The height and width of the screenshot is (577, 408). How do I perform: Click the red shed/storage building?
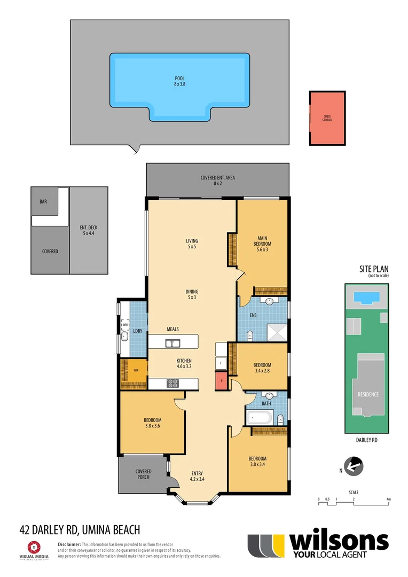coord(327,118)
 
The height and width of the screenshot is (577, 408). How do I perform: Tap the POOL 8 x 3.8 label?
coord(179,81)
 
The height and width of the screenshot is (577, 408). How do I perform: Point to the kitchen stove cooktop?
coord(174,383)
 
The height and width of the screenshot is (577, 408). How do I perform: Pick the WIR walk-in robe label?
coord(136,370)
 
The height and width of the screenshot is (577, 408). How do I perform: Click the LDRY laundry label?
coord(137,331)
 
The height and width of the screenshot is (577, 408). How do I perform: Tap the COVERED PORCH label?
coord(143,474)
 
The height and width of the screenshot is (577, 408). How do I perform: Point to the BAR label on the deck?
coord(43,202)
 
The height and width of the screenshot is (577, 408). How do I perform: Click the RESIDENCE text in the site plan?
coord(368,394)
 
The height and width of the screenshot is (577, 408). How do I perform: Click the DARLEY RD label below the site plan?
coord(366,441)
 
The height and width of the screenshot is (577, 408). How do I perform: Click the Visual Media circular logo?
coord(34,547)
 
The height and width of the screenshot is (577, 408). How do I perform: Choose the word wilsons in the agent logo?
coord(339,542)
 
